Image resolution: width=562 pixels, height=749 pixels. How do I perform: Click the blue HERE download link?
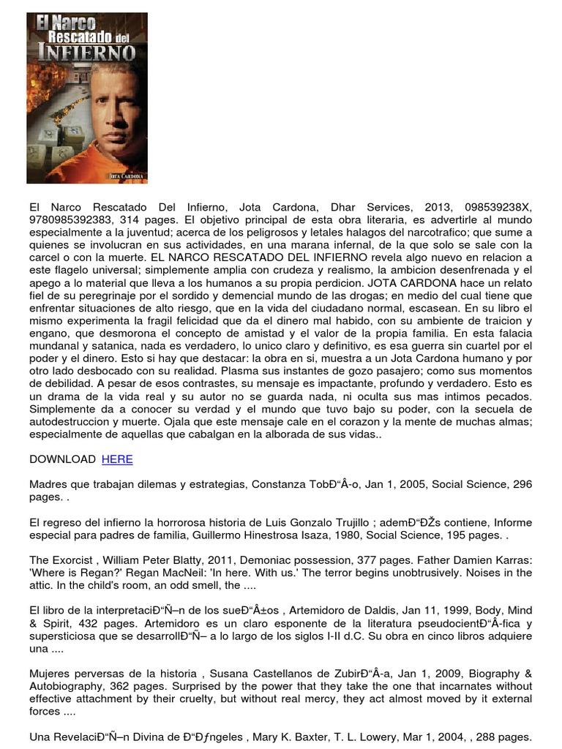tap(117, 459)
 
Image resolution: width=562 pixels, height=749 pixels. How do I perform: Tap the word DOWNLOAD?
tap(62, 459)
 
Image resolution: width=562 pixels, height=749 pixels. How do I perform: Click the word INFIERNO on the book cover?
tap(88, 53)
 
